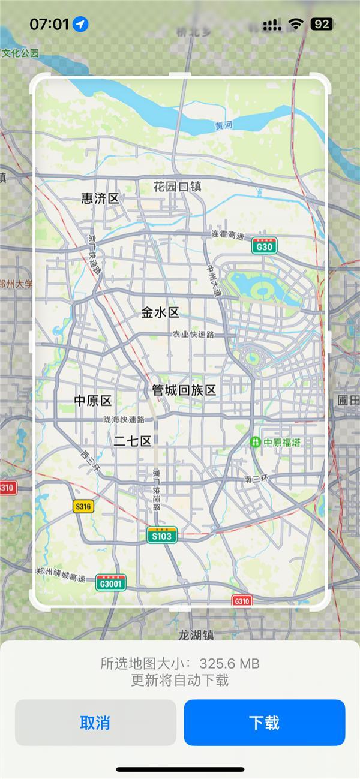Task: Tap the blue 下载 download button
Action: [264, 723]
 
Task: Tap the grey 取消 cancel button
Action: [95, 723]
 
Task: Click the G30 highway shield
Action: [264, 246]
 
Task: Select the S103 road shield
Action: [162, 535]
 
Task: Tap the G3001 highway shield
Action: [111, 582]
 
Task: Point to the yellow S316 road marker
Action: [83, 507]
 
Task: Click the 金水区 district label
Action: [160, 312]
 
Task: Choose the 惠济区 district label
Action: [100, 198]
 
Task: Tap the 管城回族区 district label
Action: [184, 390]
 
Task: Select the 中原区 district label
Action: [93, 401]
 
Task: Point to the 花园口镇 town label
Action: [177, 187]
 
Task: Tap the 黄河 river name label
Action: [223, 125]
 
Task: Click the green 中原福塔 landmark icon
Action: [256, 443]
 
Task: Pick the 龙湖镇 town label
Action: [196, 634]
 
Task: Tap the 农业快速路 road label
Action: [193, 334]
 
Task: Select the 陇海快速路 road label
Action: [124, 420]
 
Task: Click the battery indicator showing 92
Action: [322, 24]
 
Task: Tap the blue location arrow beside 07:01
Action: [80, 24]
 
